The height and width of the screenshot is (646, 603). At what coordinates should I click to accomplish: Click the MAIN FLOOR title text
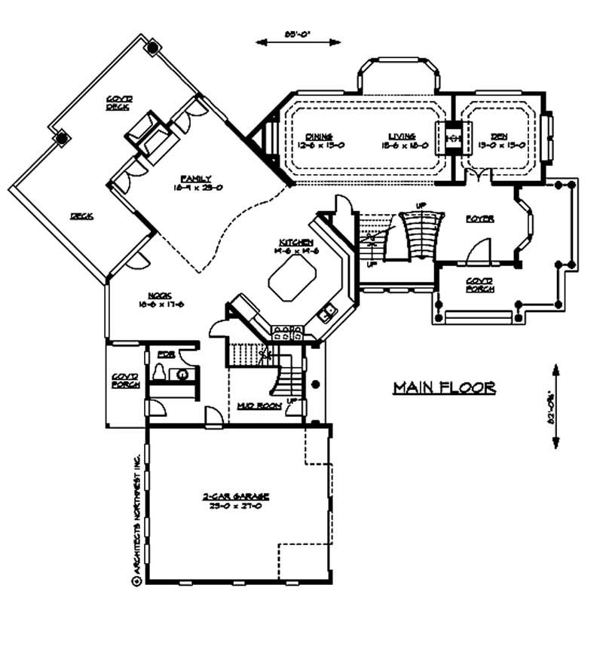tap(444, 388)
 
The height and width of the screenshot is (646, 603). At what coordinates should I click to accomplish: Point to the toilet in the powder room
tap(159, 372)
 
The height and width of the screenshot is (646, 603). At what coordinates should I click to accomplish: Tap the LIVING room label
tap(397, 136)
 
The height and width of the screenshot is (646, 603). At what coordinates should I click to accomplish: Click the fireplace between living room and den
tap(453, 138)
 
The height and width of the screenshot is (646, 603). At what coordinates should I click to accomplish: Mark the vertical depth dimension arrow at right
tap(556, 407)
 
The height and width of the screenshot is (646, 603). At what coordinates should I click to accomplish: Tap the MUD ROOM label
tap(259, 406)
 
